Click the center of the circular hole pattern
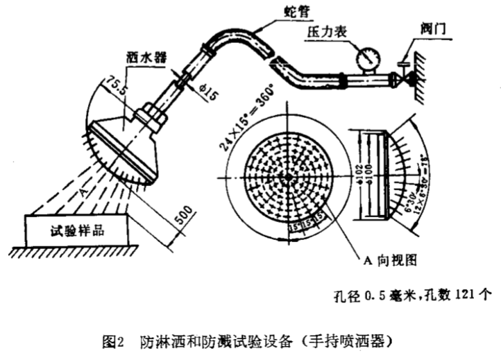(x=287, y=178)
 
